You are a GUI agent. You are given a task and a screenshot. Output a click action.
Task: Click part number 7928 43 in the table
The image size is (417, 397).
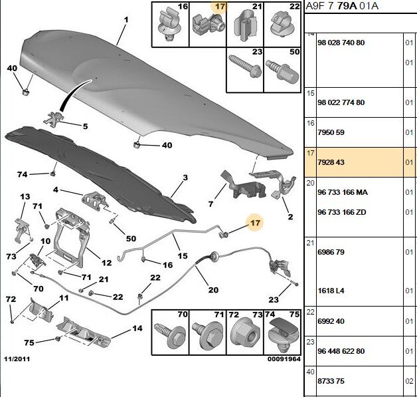click(x=331, y=162)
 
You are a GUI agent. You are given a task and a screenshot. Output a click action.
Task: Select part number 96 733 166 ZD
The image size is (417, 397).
click(x=342, y=212)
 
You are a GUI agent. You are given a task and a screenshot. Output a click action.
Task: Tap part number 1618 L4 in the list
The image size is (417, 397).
click(x=331, y=291)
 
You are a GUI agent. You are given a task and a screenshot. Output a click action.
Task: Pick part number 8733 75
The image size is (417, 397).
click(x=331, y=381)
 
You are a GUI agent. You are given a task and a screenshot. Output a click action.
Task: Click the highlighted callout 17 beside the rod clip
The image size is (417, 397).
click(x=255, y=223)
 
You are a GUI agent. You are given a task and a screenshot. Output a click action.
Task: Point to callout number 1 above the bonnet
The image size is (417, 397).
click(x=126, y=20)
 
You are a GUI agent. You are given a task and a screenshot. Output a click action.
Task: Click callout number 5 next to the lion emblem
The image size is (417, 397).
click(x=85, y=126)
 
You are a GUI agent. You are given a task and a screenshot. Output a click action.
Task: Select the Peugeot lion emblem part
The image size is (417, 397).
click(x=54, y=119)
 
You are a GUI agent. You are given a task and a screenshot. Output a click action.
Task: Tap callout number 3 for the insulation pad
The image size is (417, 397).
click(x=185, y=178)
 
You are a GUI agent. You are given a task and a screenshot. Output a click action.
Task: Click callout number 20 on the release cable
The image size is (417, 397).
click(x=213, y=290)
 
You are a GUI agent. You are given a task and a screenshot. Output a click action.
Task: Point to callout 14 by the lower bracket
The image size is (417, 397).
click(x=137, y=329)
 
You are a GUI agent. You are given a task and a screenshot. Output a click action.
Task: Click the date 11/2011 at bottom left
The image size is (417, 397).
click(x=17, y=359)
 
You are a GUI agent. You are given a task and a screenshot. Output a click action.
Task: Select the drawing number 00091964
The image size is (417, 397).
click(x=284, y=359)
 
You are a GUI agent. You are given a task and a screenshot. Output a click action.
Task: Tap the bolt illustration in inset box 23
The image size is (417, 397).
click(x=244, y=66)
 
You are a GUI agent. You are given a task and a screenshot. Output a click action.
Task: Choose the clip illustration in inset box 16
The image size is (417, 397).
click(x=169, y=25)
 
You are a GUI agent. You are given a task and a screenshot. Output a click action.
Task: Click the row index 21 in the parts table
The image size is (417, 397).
click(x=310, y=243)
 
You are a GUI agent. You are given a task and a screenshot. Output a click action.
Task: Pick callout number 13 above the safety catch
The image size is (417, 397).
click(x=25, y=196)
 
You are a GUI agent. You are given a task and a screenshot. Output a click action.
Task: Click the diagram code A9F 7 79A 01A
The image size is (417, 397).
click(x=342, y=6)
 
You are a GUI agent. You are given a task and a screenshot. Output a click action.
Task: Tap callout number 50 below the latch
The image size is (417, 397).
click(x=131, y=239)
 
